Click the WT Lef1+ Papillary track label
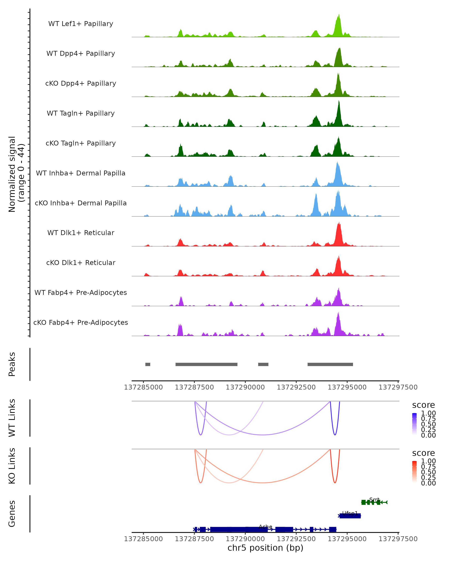click(x=81, y=24)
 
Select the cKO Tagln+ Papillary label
click(x=81, y=143)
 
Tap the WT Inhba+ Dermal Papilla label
click(x=81, y=173)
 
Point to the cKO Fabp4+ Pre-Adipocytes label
click(x=81, y=322)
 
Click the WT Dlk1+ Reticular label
click(x=81, y=233)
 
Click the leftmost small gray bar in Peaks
click(x=148, y=364)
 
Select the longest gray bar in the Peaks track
click(x=206, y=364)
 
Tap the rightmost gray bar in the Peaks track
click(x=330, y=364)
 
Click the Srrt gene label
click(x=374, y=500)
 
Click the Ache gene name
click(x=265, y=527)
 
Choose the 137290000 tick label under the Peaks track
click(x=245, y=387)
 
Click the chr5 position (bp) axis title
click(x=265, y=548)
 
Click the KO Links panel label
click(x=12, y=466)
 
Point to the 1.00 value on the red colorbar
click(x=428, y=461)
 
